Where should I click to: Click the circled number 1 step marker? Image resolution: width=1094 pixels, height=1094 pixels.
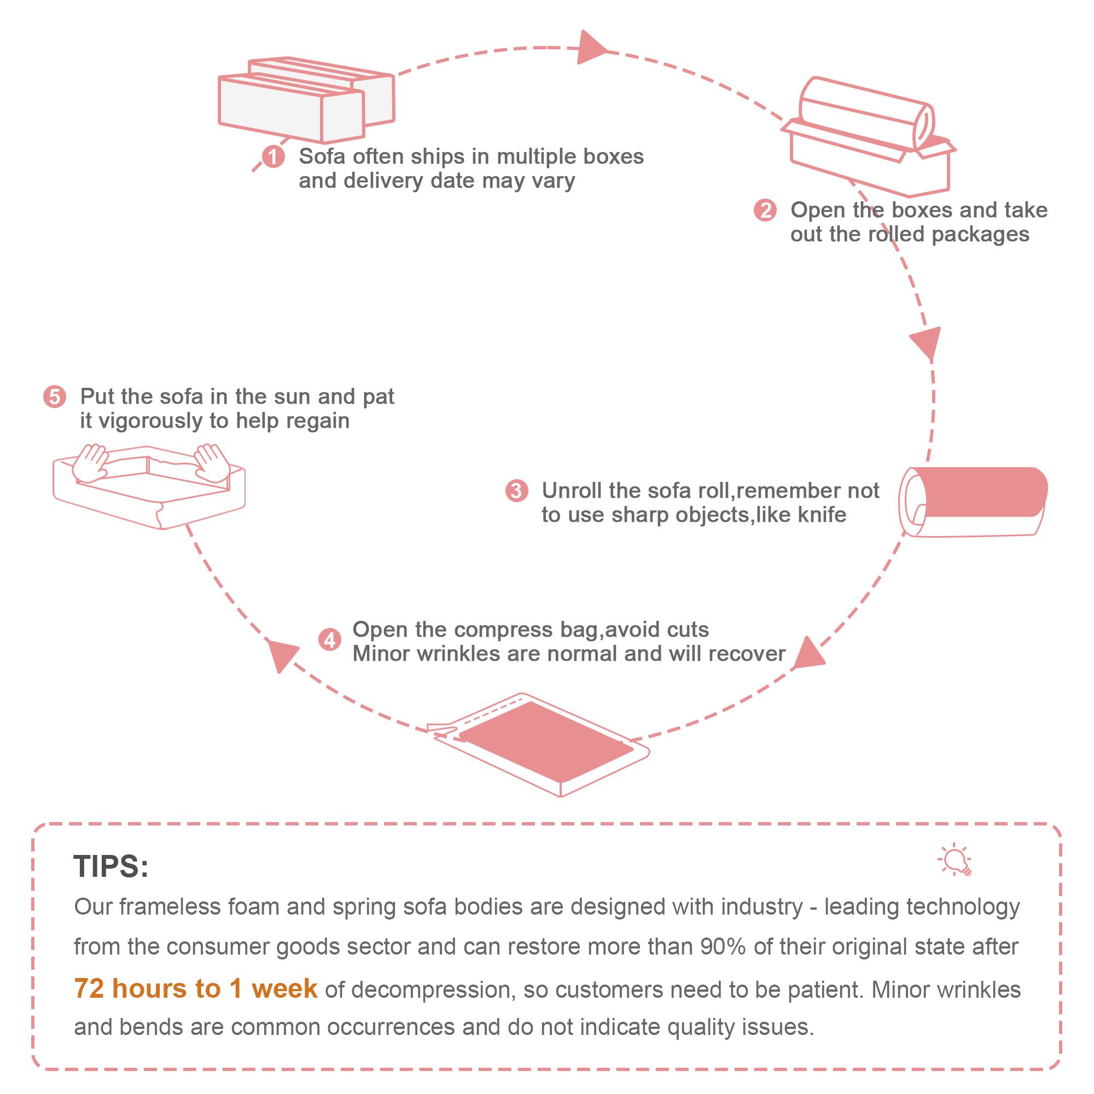pos(273,156)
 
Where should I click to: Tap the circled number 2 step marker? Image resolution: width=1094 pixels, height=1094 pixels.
pos(765,210)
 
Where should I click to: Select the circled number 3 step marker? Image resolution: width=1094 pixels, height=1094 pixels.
pos(516,490)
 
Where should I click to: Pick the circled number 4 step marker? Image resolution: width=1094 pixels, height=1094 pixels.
pos(329,641)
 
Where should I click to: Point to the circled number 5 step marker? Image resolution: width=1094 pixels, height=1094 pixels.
pos(55,397)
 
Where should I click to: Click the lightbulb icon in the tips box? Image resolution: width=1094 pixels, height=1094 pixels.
pos(956,860)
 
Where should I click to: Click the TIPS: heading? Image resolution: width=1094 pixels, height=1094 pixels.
pos(111,866)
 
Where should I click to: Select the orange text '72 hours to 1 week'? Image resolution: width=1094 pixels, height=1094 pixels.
pos(195,988)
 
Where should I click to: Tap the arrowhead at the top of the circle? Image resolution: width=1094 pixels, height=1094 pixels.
pos(590,49)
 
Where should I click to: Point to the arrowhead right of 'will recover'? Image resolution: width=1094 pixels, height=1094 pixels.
pos(808,655)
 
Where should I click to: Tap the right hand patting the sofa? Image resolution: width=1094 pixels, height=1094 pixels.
pos(212,462)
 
